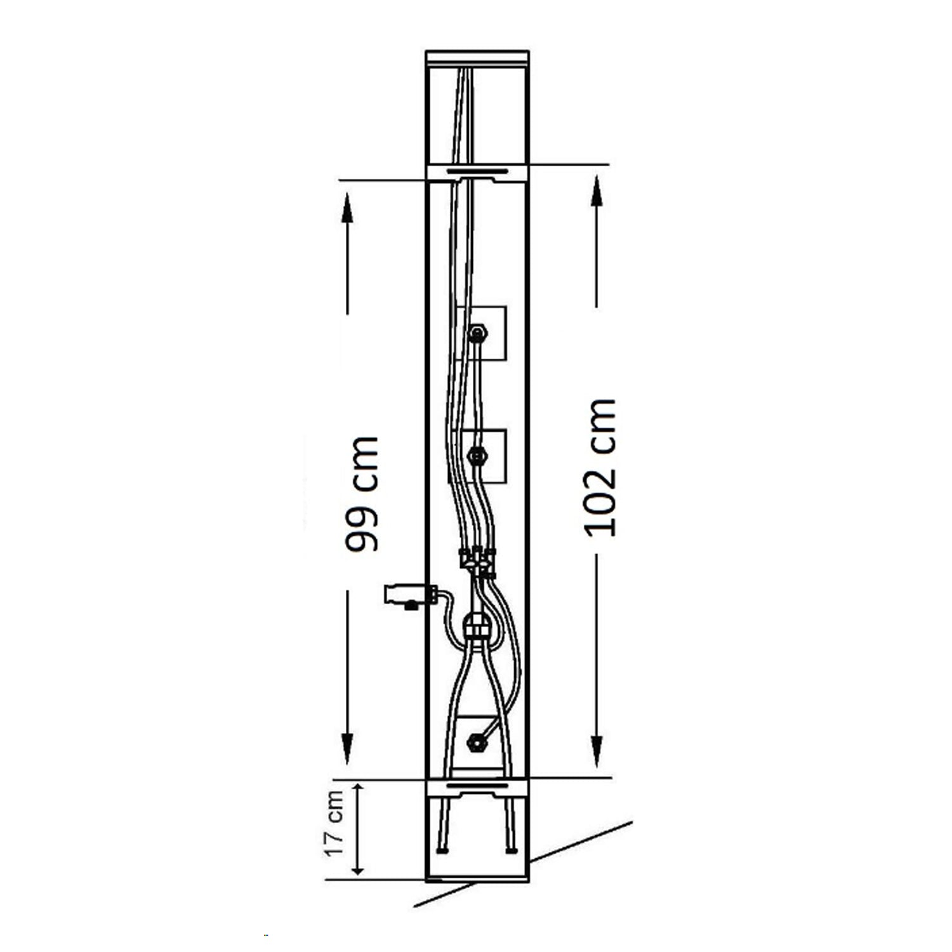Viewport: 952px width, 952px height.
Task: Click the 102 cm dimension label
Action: coord(600,468)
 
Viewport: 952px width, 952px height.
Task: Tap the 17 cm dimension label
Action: coord(335,823)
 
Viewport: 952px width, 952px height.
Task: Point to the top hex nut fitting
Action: coord(478,332)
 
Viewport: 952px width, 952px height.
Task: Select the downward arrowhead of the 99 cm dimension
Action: coord(347,749)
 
